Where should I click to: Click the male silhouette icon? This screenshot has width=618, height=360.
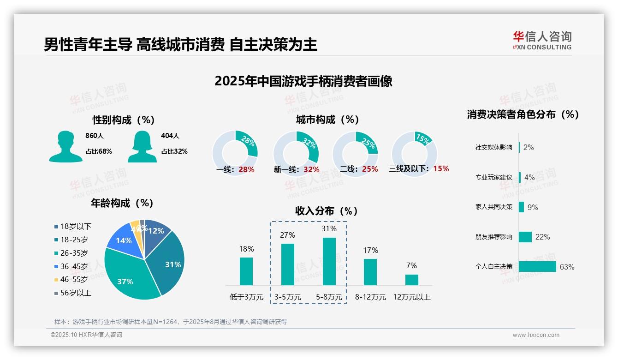pyautogui.click(x=65, y=146)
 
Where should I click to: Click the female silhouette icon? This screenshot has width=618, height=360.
pyautogui.click(x=142, y=146)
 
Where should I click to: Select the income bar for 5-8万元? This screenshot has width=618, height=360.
pyautogui.click(x=329, y=261)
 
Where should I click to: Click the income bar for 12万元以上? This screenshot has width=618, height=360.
pyautogui.click(x=411, y=280)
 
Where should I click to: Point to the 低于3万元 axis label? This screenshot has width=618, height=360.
pyautogui.click(x=246, y=297)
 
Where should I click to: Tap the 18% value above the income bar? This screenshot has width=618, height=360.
pyautogui.click(x=246, y=249)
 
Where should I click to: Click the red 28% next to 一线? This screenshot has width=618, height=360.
pyautogui.click(x=246, y=169)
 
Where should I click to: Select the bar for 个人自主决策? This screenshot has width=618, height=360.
pyautogui.click(x=537, y=267)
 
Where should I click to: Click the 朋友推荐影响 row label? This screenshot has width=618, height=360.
pyautogui.click(x=493, y=237)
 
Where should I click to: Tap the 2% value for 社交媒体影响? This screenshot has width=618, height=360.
pyautogui.click(x=529, y=147)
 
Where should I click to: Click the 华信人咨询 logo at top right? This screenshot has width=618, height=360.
pyautogui.click(x=542, y=40)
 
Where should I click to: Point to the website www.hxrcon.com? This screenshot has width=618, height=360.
pyautogui.click(x=536, y=335)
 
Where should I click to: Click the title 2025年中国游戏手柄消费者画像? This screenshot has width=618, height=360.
pyautogui.click(x=303, y=81)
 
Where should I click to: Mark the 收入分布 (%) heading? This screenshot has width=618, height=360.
pyautogui.click(x=327, y=211)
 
